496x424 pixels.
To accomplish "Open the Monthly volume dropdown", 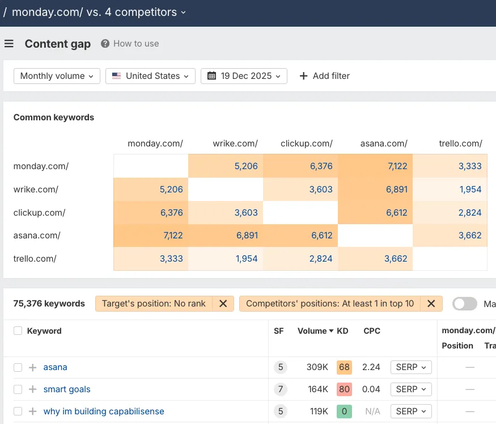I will [57, 76].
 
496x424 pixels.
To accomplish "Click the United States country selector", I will [150, 76].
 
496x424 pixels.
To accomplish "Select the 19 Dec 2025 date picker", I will [244, 76].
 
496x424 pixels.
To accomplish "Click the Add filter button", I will [324, 76].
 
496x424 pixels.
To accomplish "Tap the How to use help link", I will [130, 44].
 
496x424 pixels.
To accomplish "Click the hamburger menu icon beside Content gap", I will [9, 44].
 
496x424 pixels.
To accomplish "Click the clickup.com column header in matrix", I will [306, 144].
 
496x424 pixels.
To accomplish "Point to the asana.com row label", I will [37, 236].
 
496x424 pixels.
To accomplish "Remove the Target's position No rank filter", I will [223, 304].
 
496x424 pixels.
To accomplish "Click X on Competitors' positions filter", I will [431, 304].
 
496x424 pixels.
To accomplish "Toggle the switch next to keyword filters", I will [465, 304].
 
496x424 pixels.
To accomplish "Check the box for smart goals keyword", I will [18, 389].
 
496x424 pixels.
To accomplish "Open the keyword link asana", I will [55, 367].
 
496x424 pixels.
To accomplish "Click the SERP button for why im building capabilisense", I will [411, 412].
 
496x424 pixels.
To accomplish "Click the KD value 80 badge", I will [344, 389].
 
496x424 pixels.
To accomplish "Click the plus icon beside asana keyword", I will [32, 367].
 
